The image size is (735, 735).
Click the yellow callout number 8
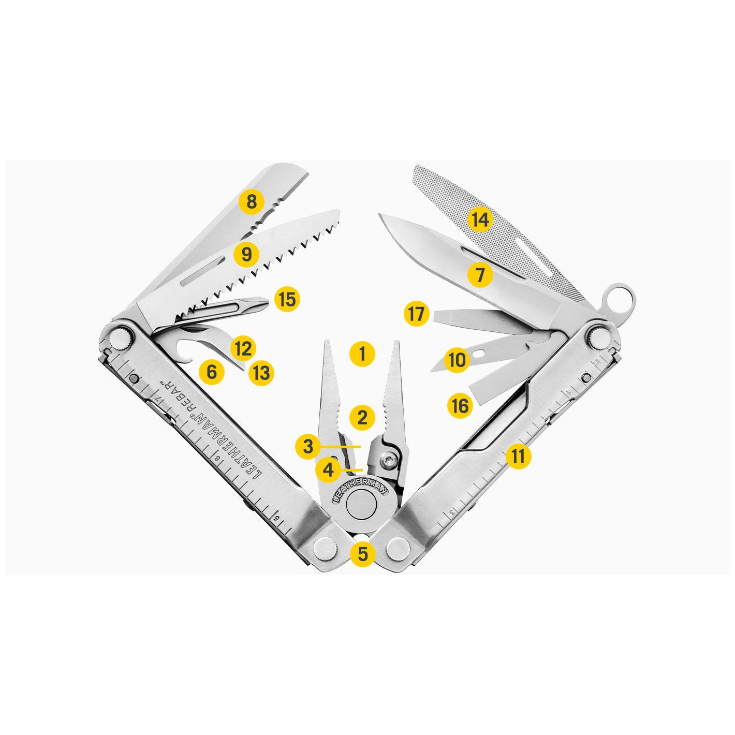pos(252,202)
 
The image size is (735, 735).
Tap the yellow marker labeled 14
pos(480,219)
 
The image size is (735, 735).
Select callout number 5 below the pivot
pos(363,553)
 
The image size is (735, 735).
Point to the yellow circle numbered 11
pos(518,456)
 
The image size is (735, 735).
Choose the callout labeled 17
pos(417,314)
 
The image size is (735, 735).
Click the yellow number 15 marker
pos(287,299)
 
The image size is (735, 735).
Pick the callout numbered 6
pos(212,372)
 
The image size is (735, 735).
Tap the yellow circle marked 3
pos(308,446)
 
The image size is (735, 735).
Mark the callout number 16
pos(460,405)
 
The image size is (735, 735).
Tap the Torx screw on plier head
pos(387,463)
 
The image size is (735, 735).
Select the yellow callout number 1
pos(362,355)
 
